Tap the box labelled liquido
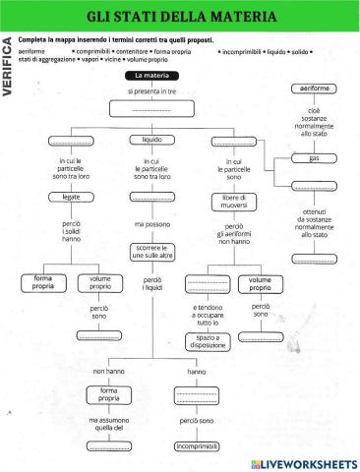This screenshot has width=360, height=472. click(x=151, y=140)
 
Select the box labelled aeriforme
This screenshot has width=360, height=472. click(x=314, y=89)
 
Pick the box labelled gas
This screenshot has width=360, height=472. click(x=314, y=158)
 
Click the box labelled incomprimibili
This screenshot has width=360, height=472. click(x=196, y=447)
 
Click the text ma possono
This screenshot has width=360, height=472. click(x=151, y=224)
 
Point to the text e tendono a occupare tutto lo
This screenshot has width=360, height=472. click(x=206, y=315)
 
